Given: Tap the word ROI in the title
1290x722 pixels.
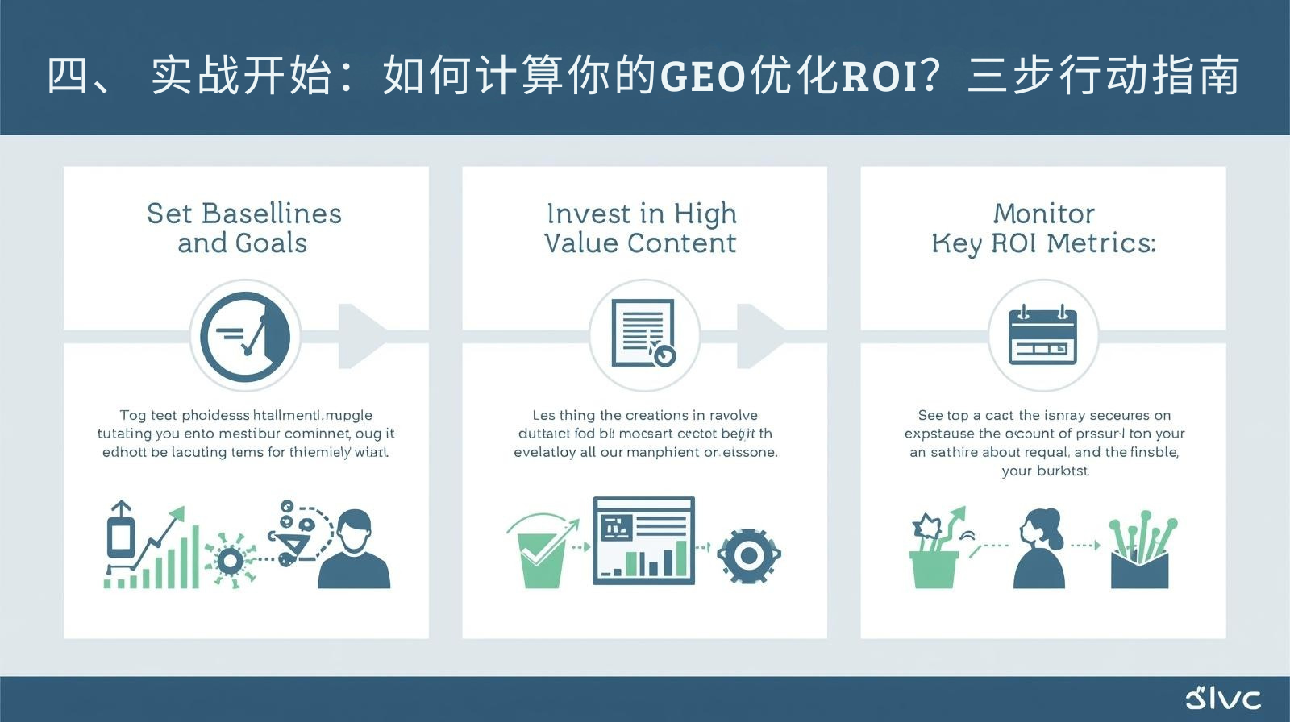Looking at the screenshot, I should tap(877, 77).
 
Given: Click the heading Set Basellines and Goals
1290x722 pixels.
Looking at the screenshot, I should tap(243, 228).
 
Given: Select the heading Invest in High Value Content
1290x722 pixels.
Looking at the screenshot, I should tap(641, 228).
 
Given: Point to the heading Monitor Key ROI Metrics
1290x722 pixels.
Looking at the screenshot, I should tap(1043, 228).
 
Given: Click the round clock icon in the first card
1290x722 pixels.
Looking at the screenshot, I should tap(245, 335).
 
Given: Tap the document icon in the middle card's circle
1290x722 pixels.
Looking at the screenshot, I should tap(643, 333).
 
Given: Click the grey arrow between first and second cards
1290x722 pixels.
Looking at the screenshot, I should tap(360, 335).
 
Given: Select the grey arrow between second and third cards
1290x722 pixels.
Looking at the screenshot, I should tap(759, 335).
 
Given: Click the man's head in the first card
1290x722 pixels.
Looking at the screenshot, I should tap(354, 531).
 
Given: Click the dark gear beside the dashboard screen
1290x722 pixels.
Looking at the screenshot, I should tap(748, 555).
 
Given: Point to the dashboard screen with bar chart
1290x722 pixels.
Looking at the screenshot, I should tap(643, 540).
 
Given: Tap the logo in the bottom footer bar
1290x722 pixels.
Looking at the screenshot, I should tap(1223, 698).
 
